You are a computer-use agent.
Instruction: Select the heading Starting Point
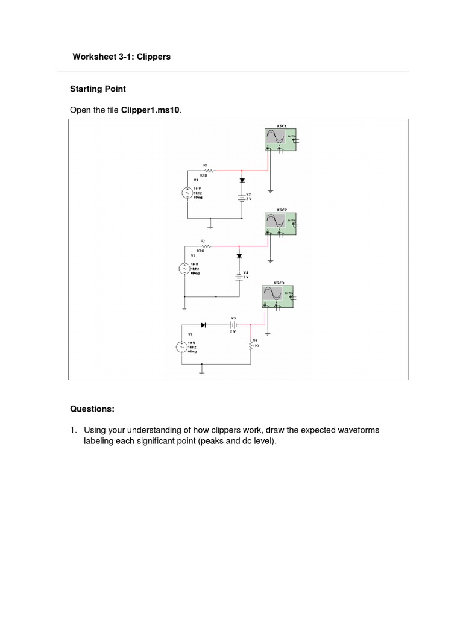(x=98, y=89)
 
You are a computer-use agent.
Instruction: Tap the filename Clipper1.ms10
(x=151, y=110)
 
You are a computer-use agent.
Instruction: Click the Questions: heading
(x=92, y=409)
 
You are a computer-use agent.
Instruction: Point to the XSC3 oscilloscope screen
(x=271, y=293)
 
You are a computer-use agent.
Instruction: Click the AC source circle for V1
(x=187, y=192)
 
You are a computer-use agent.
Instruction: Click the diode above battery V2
(x=242, y=180)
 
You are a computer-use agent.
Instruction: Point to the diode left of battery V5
(x=203, y=325)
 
